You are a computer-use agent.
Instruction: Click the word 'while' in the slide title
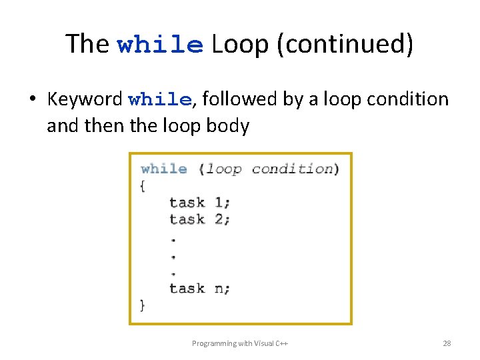coord(160,45)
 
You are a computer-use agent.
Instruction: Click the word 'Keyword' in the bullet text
coord(85,99)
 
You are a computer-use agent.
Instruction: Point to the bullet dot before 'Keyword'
coord(32,100)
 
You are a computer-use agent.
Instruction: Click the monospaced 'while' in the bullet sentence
coord(160,100)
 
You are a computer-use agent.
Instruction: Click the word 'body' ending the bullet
coord(229,125)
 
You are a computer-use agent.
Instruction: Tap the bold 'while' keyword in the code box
coord(164,169)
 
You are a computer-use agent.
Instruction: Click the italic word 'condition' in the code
coord(292,169)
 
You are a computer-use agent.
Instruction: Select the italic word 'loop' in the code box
coord(224,169)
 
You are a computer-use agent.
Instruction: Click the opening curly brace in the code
coord(143,186)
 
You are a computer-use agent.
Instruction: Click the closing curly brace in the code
coord(143,305)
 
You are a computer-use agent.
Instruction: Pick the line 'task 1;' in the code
coord(199,202)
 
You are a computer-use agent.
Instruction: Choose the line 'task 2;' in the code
coord(199,219)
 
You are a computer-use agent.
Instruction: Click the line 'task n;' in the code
coord(199,288)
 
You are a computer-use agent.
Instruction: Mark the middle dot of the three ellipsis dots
coord(173,255)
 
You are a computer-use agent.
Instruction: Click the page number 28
coord(447,343)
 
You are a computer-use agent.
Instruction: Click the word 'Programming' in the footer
coord(213,343)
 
